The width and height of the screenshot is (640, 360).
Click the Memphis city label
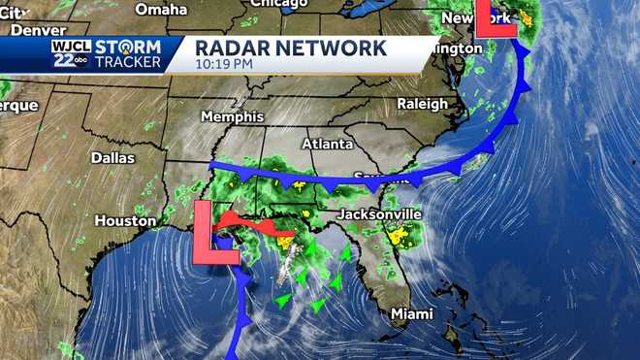232,116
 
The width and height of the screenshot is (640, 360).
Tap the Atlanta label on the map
326,144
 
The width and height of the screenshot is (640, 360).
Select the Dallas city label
112,157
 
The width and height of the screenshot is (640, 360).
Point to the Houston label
125,221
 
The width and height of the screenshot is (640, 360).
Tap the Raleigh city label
423,103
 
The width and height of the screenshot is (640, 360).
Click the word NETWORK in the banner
333,48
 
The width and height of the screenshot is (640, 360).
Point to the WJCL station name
66,45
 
